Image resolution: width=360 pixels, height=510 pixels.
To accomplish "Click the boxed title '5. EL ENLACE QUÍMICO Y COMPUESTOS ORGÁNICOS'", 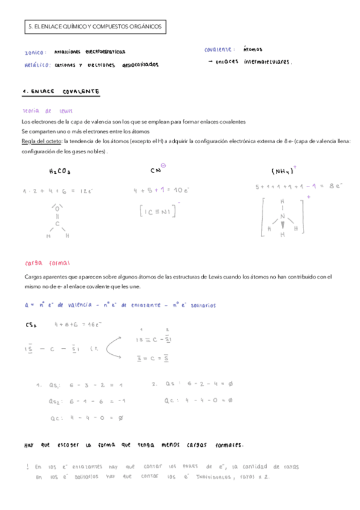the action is tap(94, 27).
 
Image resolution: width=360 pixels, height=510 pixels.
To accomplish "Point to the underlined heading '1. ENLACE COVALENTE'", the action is tap(61, 91).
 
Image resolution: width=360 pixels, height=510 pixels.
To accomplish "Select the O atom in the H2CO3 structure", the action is tap(58, 209).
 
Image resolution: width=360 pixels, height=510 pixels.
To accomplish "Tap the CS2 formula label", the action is tap(32, 325).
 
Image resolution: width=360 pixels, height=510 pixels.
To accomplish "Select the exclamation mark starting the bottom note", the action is tap(28, 467).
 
